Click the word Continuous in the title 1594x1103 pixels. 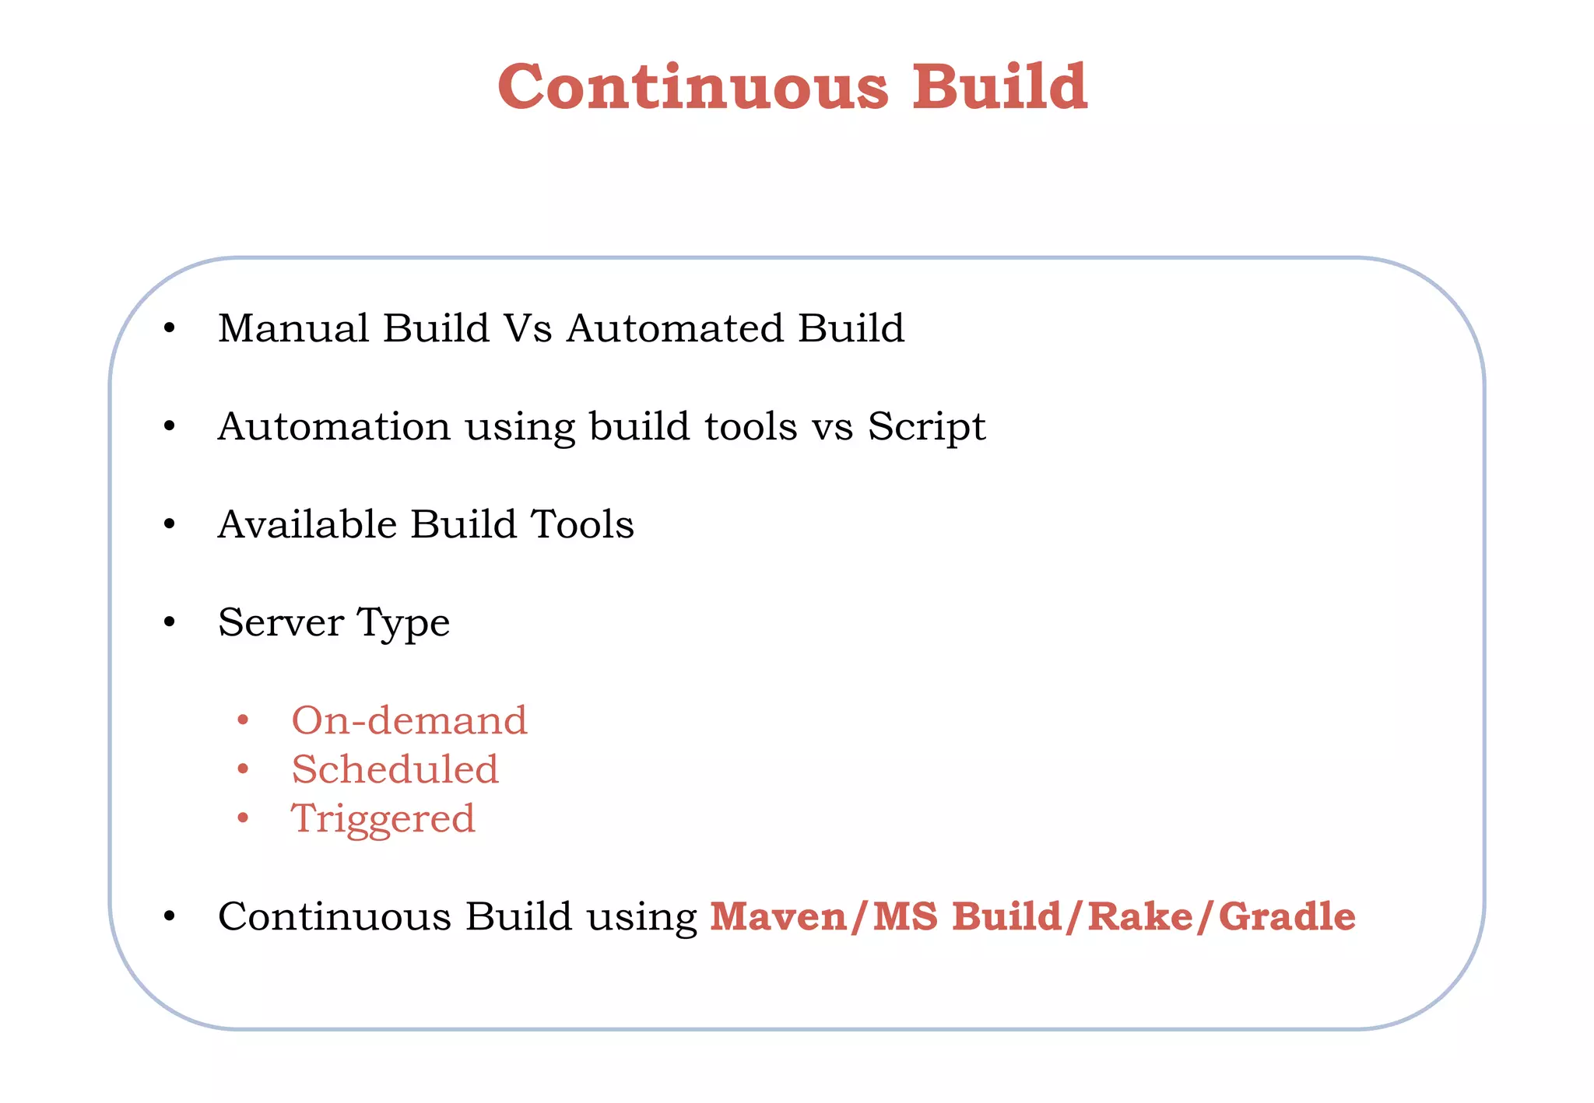point(693,86)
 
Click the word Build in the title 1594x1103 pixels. point(999,86)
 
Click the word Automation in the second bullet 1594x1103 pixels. point(334,426)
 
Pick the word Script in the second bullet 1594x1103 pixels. point(926,428)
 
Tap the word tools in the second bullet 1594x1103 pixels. point(751,426)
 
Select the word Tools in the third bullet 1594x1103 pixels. point(582,524)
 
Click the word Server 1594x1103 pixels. point(281,622)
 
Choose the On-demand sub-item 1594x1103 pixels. point(409,720)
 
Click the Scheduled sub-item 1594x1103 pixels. point(395,769)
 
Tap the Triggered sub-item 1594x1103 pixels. point(383,820)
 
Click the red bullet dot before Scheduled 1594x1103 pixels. point(243,770)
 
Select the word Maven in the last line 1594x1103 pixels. point(779,916)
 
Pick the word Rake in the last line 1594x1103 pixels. point(1140,916)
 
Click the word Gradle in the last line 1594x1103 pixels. point(1287,916)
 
